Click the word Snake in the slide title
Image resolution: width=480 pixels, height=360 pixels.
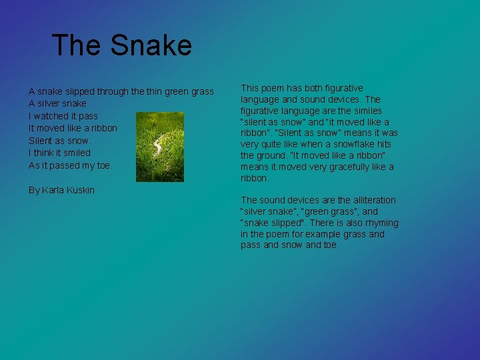click(151, 45)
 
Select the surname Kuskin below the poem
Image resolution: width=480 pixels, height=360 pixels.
click(81, 190)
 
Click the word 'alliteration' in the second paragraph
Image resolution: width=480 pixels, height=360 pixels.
click(373, 200)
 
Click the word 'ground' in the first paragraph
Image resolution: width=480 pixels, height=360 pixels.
click(273, 155)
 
